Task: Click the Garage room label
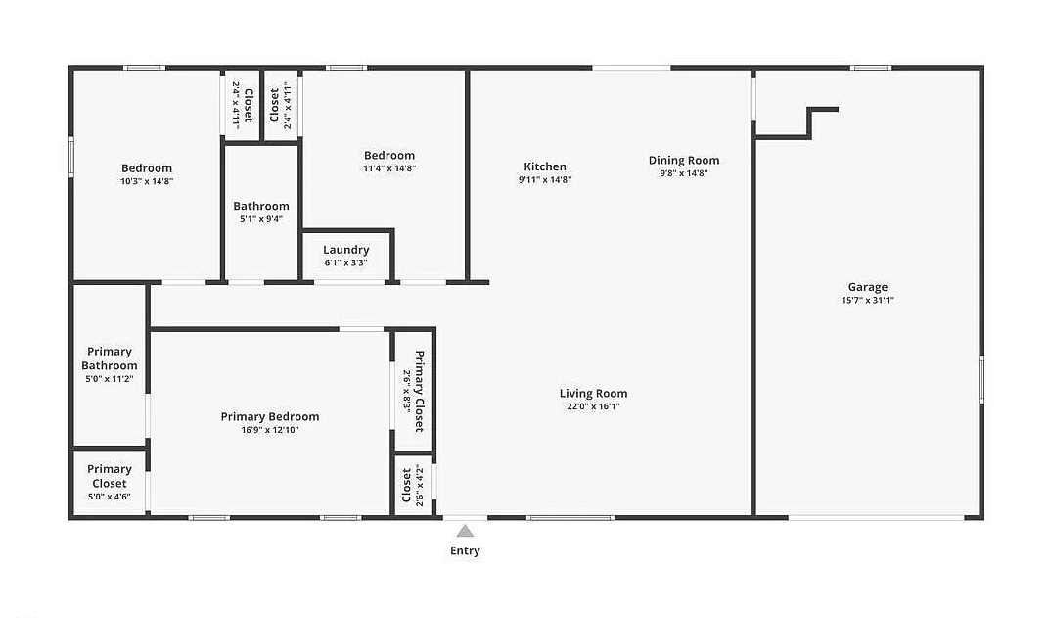click(x=868, y=287)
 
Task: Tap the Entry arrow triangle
click(x=465, y=531)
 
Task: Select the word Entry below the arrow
click(x=465, y=550)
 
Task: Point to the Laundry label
click(x=346, y=250)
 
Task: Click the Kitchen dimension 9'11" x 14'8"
click(x=545, y=179)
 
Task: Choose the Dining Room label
click(x=684, y=160)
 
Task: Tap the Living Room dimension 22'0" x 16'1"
click(x=594, y=406)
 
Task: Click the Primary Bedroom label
click(x=270, y=416)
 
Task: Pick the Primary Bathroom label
click(x=110, y=358)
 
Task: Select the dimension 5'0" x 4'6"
click(x=110, y=497)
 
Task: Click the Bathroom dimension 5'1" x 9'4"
click(x=261, y=218)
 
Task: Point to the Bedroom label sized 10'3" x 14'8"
click(x=147, y=167)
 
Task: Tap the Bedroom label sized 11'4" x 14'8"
click(x=389, y=155)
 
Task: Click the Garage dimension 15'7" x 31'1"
click(x=868, y=300)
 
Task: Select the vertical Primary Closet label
click(x=419, y=391)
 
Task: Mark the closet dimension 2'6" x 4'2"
click(x=420, y=486)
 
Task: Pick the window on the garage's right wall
click(x=981, y=379)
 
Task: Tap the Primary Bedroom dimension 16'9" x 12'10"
click(x=270, y=429)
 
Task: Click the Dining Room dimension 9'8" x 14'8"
click(x=684, y=172)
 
